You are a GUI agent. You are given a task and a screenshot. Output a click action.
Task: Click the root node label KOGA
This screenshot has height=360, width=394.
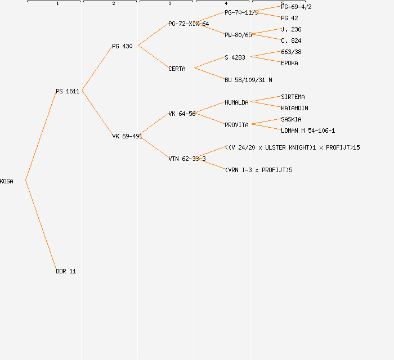[7, 181]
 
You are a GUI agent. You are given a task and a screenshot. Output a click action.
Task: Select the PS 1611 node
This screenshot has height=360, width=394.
[68, 91]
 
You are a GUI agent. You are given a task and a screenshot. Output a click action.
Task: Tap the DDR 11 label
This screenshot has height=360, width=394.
[66, 271]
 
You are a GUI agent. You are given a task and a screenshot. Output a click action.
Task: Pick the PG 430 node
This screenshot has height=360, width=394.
[122, 46]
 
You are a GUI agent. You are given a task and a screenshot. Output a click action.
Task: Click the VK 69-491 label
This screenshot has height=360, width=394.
[127, 136]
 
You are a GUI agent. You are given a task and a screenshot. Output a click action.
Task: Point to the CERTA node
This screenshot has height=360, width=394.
[177, 69]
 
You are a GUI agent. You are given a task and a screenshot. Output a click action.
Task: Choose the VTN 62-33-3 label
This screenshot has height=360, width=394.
[187, 159]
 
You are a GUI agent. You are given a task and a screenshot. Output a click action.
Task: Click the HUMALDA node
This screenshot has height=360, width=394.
[236, 102]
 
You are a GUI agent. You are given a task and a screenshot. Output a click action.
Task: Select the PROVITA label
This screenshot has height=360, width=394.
[236, 125]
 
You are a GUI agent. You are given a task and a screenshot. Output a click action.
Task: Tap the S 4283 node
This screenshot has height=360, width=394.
[235, 57]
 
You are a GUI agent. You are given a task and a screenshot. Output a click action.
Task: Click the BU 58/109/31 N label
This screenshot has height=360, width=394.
[248, 80]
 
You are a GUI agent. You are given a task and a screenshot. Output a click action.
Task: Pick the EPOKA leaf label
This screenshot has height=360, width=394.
[289, 63]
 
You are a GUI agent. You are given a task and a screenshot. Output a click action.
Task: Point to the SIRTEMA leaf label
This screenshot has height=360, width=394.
[293, 97]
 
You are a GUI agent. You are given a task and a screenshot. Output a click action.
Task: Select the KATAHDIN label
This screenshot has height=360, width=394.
[294, 108]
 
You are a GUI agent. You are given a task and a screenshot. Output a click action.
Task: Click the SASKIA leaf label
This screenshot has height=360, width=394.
[291, 119]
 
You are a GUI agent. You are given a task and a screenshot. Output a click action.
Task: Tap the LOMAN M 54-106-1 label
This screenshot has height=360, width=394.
[308, 130]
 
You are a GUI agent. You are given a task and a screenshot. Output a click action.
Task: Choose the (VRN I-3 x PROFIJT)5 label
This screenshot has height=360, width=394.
[258, 170]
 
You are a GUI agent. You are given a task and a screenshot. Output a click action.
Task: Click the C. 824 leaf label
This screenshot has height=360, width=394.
[291, 40]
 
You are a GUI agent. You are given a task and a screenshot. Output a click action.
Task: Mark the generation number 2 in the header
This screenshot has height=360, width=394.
[113, 4]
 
